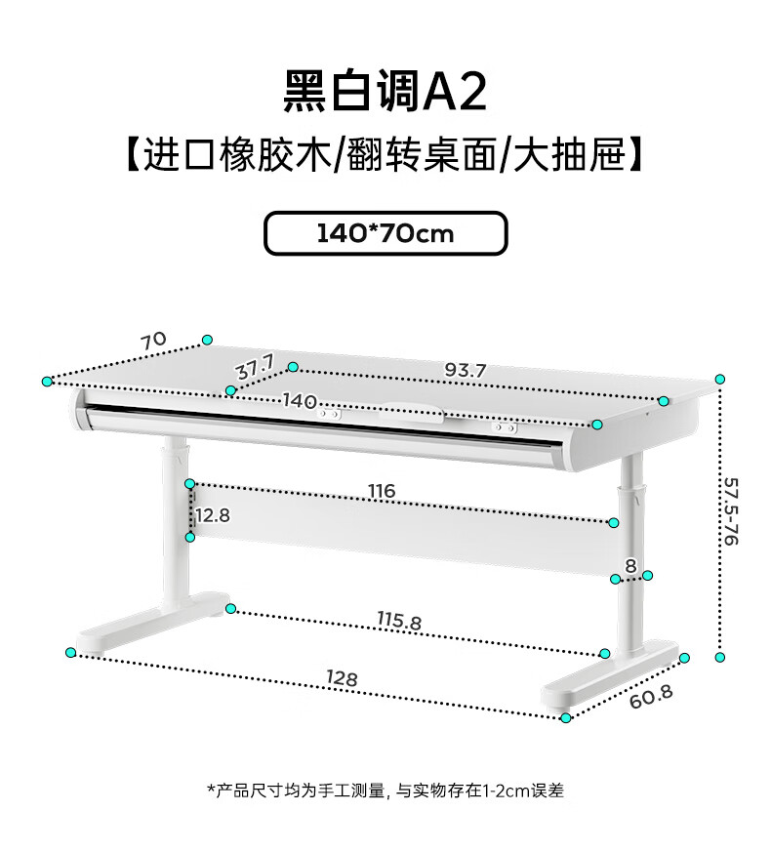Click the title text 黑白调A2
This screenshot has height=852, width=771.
click(385, 92)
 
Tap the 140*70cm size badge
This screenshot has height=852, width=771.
click(385, 233)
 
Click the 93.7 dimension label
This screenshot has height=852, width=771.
click(466, 370)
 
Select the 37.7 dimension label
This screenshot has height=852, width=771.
click(256, 367)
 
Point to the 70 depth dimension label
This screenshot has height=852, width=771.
click(153, 341)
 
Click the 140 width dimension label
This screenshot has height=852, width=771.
click(300, 401)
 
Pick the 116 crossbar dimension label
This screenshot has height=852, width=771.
click(382, 491)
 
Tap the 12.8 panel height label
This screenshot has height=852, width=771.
click(213, 515)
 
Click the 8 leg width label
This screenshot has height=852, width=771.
click(630, 566)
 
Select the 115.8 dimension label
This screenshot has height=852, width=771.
click(399, 621)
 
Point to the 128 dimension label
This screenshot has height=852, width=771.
click(342, 677)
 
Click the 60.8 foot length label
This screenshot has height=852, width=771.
click(651, 697)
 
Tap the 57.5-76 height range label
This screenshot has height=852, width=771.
click(731, 511)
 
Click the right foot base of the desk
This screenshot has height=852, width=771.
click(610, 677)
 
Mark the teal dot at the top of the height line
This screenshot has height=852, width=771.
click(720, 380)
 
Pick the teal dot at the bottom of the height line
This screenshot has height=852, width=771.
click(720, 658)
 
